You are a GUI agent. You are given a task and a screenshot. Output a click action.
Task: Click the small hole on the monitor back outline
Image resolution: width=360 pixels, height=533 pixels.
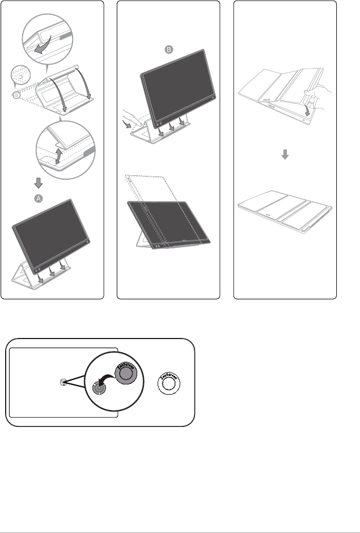[x=63, y=383]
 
